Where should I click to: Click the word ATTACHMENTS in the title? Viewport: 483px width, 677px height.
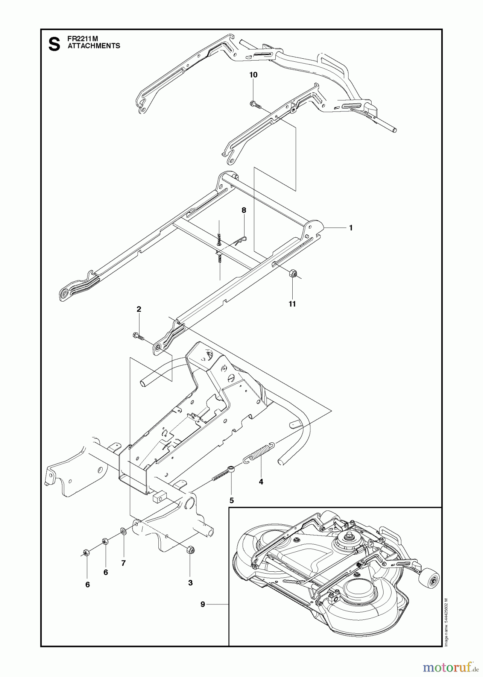pos(94,46)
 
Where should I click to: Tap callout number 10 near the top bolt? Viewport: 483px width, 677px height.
pos(254,75)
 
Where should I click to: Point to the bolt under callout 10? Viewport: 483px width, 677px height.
pos(256,104)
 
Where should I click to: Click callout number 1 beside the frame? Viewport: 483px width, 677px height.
pos(351,228)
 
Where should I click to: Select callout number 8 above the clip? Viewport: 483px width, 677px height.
pos(244,210)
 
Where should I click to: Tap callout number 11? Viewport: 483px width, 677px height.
pos(292,304)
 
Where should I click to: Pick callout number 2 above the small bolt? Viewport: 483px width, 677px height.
pos(139,309)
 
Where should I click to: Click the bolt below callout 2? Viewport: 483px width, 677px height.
pos(139,336)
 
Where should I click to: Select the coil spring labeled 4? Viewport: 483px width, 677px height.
pos(260,453)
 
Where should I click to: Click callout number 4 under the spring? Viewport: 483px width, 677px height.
pos(261,482)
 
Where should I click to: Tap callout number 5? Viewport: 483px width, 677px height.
pos(232,501)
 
